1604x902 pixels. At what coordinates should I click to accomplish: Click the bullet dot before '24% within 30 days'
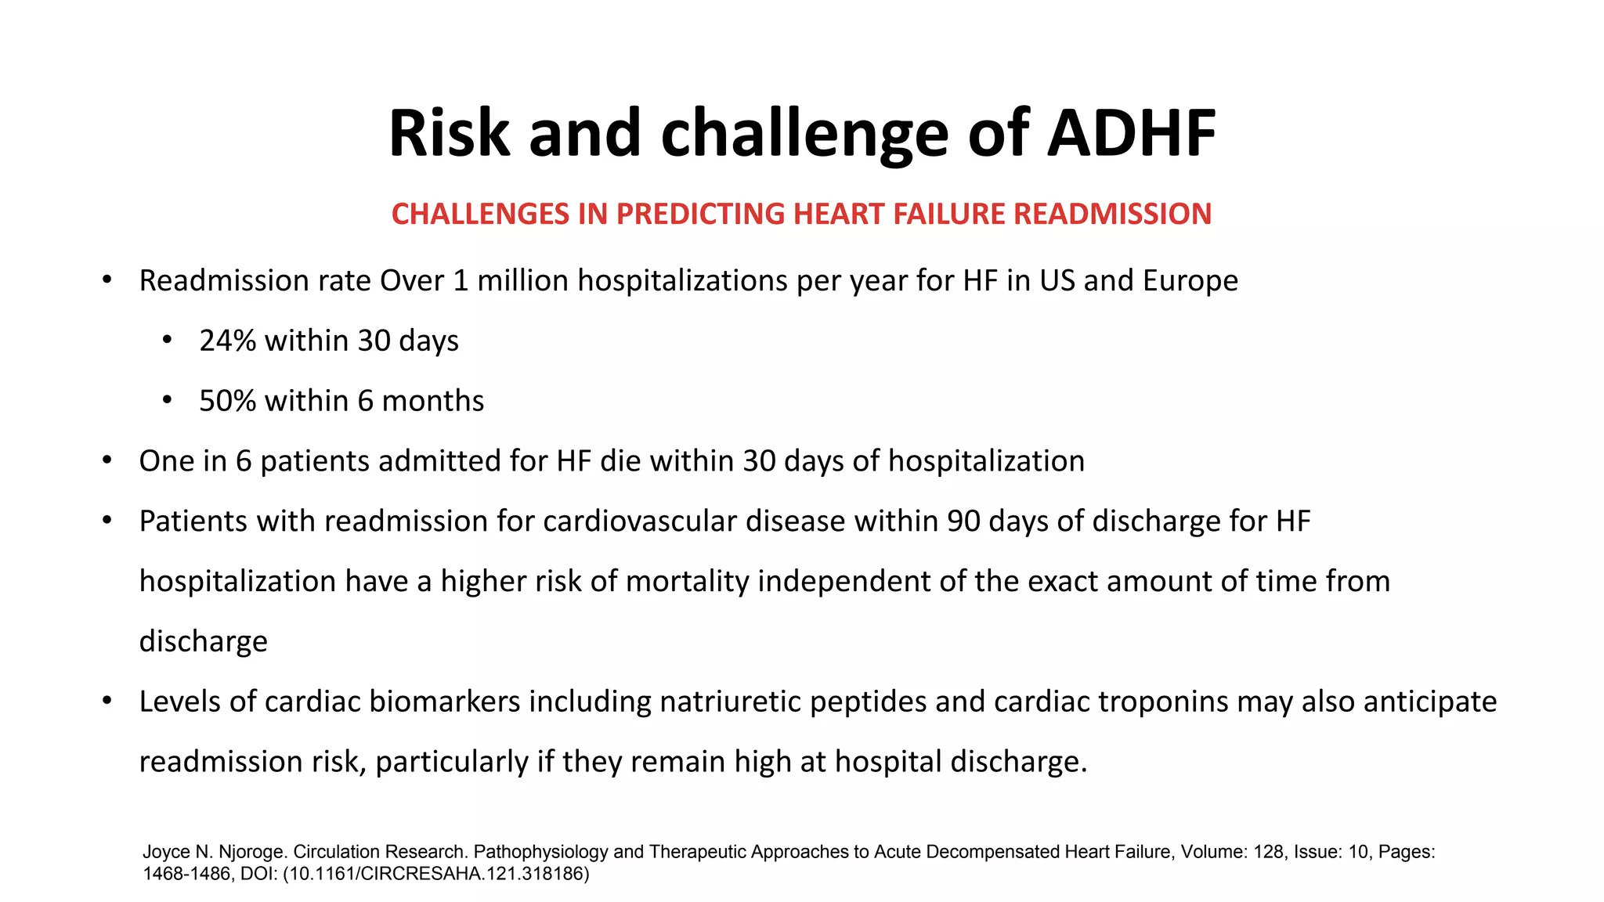(166, 341)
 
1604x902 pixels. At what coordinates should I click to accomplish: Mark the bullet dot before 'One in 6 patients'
(107, 460)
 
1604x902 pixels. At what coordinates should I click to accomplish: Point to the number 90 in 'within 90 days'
(963, 521)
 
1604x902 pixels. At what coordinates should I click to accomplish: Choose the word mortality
(687, 582)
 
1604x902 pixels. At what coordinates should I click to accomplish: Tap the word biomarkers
(444, 702)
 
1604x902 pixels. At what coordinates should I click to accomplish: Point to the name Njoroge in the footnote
(251, 852)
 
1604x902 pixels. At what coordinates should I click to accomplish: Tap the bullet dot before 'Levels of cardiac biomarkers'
(107, 701)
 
